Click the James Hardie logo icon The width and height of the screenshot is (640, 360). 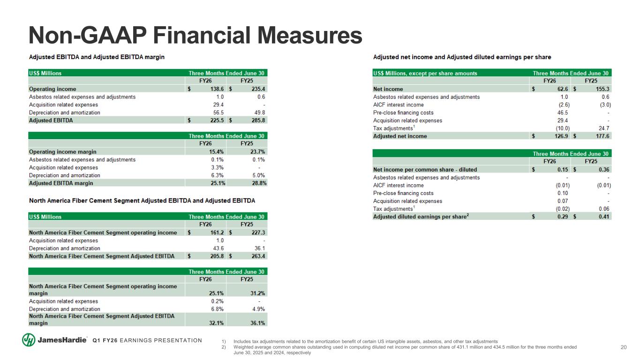click(x=29, y=340)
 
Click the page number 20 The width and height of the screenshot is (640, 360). click(x=624, y=347)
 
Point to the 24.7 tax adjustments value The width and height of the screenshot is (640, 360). click(x=606, y=128)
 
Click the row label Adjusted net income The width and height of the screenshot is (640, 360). click(x=400, y=136)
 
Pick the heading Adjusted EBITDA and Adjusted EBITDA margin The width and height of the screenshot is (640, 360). click(x=97, y=57)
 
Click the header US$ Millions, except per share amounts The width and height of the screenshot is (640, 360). click(x=425, y=73)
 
